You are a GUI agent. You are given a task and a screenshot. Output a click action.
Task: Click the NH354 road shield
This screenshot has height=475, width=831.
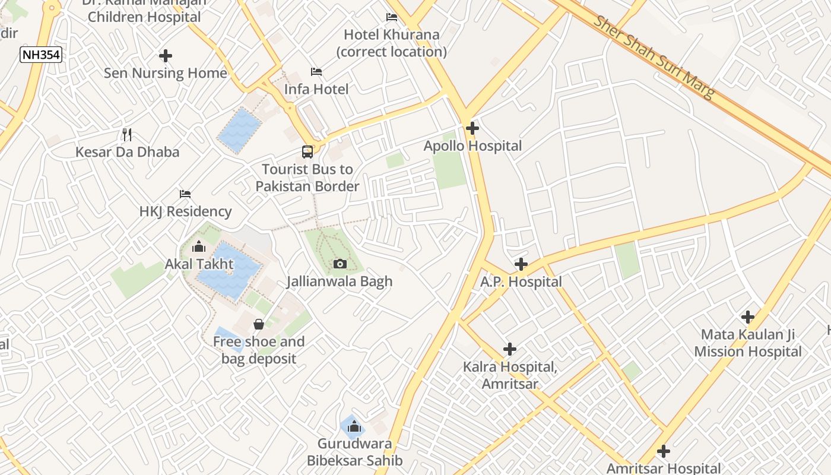pos(41,55)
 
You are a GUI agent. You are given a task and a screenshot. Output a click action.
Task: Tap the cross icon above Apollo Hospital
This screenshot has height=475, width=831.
pos(472,128)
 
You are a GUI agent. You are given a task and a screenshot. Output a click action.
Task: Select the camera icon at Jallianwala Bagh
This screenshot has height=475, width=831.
pos(340,264)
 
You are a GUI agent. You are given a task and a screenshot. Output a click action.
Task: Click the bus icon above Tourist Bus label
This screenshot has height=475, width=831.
pos(307,151)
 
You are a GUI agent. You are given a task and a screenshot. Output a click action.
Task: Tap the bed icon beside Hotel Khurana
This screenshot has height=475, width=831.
pos(392,17)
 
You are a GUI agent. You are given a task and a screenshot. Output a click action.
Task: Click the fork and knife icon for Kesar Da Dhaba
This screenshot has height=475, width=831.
pos(127,134)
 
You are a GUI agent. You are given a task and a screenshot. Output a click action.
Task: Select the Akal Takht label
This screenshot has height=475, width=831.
pos(199,264)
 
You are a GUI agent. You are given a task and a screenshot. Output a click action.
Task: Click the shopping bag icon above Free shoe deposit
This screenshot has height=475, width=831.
pos(259,324)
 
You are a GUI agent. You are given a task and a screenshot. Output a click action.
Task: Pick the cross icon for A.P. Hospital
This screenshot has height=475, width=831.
pos(521,264)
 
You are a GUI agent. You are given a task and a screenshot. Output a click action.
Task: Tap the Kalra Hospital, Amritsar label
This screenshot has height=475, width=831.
pos(510,375)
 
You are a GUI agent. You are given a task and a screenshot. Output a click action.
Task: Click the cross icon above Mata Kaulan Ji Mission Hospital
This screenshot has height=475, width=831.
pos(748,317)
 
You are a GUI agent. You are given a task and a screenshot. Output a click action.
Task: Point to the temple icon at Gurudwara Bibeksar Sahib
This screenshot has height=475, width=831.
pos(354,426)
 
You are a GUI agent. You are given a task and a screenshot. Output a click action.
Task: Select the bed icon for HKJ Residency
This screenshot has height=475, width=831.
pos(185,194)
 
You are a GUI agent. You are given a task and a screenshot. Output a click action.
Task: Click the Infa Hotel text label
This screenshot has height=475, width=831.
pos(316,89)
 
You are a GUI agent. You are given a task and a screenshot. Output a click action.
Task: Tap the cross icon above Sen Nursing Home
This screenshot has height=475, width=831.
pos(166,56)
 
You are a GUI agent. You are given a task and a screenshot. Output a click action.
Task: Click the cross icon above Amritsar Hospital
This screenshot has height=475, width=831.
pos(664,451)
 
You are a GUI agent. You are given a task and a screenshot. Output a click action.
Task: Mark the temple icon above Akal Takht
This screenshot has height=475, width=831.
pos(199,246)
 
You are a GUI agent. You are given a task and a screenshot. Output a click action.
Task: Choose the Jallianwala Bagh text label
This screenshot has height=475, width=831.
pos(340,281)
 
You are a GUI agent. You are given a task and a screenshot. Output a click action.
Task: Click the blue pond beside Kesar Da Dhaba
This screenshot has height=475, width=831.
pos(239,130)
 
